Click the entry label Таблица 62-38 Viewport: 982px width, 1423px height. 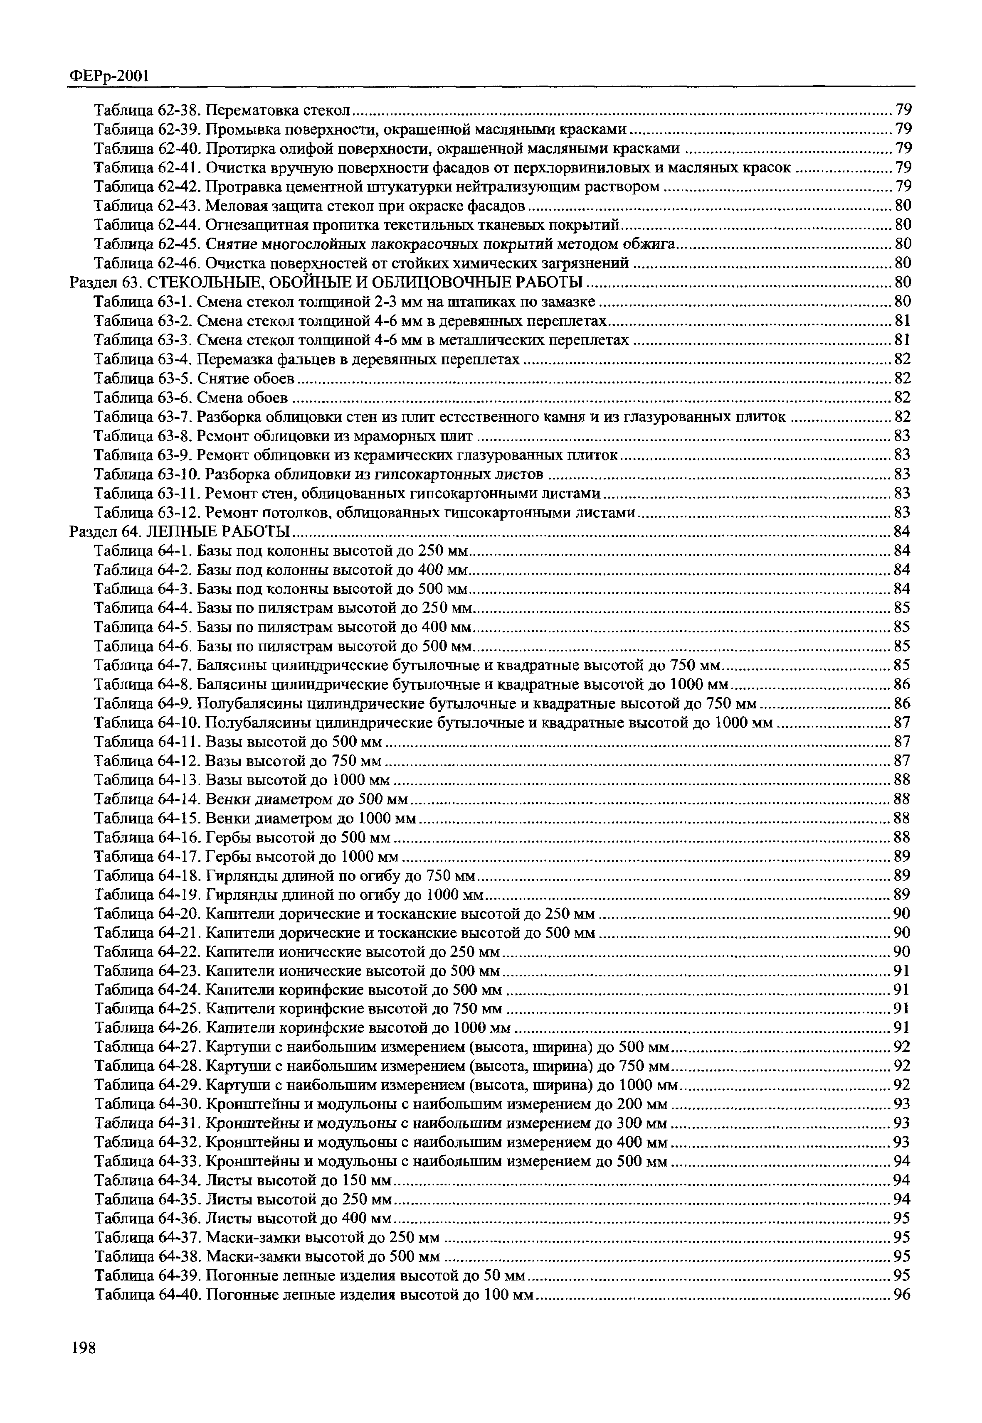coord(147,110)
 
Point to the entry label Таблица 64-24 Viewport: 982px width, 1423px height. coord(147,990)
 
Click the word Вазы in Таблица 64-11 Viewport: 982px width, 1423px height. coord(222,742)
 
